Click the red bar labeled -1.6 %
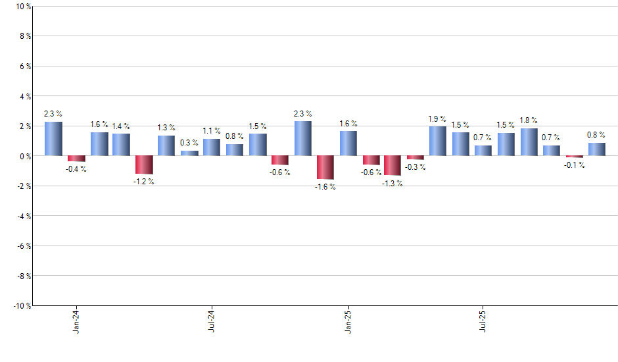point(325,167)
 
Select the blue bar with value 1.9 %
point(438,141)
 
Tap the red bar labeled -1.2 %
point(144,165)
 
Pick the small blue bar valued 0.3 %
point(189,153)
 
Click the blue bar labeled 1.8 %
point(529,142)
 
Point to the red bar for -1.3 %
point(393,165)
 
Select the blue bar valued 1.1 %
point(212,147)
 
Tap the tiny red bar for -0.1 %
point(575,157)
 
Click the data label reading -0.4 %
point(76,169)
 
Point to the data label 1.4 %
point(121,126)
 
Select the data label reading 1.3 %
point(166,128)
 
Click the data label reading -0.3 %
point(416,167)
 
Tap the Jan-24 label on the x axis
point(77,320)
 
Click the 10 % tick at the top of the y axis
point(23,7)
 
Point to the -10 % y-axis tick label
point(22,306)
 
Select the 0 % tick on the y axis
point(25,156)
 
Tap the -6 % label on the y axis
point(24,246)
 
